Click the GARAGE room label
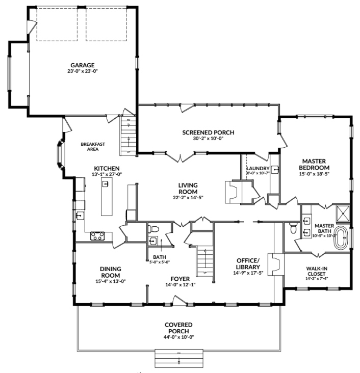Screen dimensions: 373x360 83,65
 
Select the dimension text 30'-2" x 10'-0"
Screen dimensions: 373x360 208,139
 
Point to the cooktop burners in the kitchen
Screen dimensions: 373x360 97,235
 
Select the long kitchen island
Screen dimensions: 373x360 107,199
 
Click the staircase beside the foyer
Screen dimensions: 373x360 205,260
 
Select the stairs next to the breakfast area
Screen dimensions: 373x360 128,136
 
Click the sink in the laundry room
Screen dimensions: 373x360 275,170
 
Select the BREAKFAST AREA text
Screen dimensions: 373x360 93,147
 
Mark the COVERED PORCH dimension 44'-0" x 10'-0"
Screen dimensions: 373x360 178,337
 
